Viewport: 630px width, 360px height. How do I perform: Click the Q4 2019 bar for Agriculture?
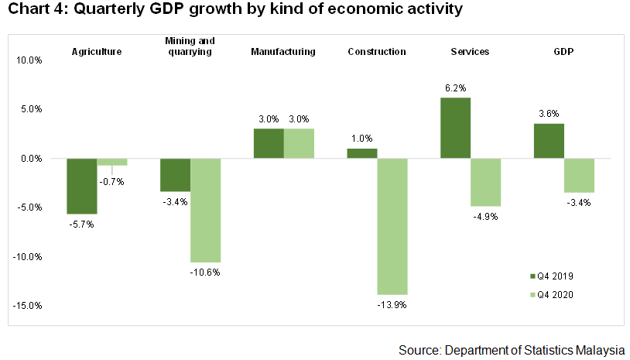point(81,186)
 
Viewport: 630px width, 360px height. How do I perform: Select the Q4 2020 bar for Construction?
point(392,226)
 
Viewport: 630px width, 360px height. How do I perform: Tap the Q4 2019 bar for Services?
point(455,128)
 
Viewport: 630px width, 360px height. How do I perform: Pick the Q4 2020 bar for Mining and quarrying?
point(205,210)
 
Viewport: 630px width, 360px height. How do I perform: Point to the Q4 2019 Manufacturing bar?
point(269,143)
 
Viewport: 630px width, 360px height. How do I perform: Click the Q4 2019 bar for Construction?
point(362,153)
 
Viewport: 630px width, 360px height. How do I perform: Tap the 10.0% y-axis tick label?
point(29,60)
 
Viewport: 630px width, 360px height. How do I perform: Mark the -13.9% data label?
point(392,305)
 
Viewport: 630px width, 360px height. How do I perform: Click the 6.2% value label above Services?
point(455,88)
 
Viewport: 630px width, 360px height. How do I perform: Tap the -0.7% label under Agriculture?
point(112,181)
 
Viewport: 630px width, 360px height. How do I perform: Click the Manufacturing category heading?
point(283,52)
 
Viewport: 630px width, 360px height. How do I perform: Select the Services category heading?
point(470,52)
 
